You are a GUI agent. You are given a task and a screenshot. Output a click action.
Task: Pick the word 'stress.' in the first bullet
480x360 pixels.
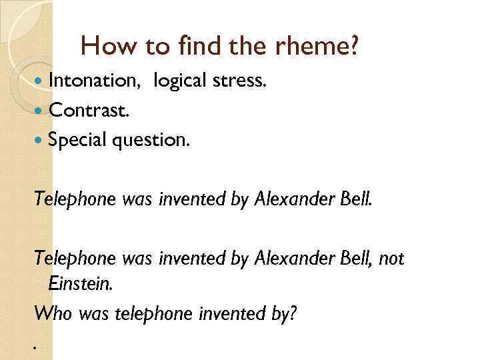241,81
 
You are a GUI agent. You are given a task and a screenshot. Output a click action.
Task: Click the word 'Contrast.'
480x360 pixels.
88,109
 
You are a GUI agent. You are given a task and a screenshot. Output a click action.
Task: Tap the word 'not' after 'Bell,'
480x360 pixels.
391,258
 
